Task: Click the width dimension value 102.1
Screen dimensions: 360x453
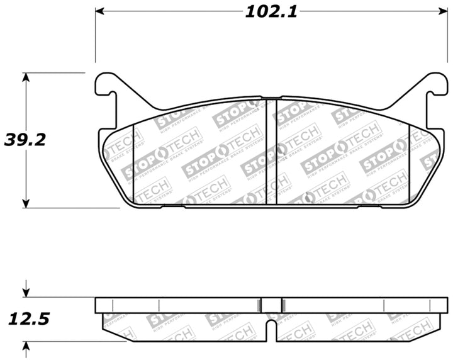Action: [x=267, y=11]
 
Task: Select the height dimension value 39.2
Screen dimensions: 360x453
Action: [x=25, y=140]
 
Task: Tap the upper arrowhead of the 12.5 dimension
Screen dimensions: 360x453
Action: [x=26, y=292]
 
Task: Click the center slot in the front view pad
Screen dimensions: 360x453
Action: [x=272, y=151]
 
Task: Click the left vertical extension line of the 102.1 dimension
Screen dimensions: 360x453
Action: [x=96, y=38]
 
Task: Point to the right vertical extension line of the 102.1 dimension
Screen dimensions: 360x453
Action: [x=440, y=38]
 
